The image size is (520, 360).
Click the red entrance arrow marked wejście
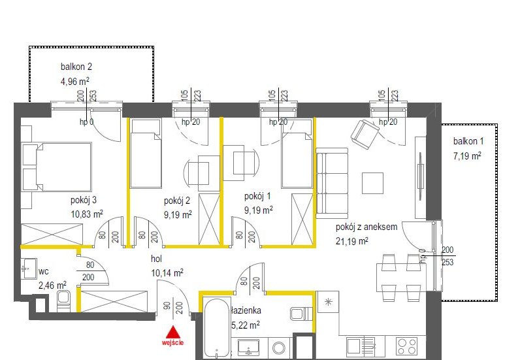click(x=173, y=331)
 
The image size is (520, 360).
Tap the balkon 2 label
click(x=76, y=66)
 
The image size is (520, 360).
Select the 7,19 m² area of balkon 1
click(x=467, y=155)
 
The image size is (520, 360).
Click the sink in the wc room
click(x=29, y=267)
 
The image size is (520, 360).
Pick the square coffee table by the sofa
click(x=374, y=183)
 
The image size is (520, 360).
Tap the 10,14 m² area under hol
click(x=167, y=273)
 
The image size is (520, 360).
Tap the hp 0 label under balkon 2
click(x=86, y=122)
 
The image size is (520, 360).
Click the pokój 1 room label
click(x=257, y=197)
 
